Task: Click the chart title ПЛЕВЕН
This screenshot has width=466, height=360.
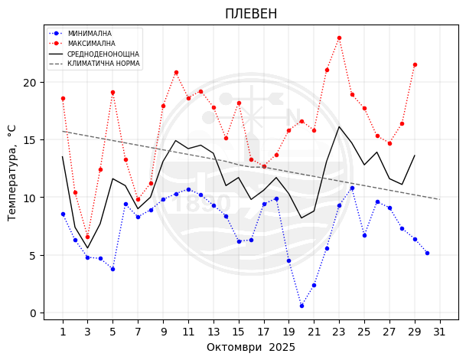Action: tap(251, 14)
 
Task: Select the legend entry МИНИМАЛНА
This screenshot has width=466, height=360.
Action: tap(90, 34)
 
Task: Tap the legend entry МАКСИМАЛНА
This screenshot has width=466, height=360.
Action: tap(91, 44)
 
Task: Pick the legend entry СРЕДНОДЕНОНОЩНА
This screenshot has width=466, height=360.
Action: tap(103, 54)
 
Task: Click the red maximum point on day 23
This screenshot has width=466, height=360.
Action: tap(339, 38)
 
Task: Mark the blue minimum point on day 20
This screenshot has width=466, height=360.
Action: tap(301, 306)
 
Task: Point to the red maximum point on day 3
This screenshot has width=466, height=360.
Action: tap(87, 237)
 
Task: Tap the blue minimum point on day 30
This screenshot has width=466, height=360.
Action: tap(427, 253)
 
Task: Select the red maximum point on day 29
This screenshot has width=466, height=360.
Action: tap(415, 64)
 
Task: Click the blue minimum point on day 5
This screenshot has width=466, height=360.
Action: tap(112, 269)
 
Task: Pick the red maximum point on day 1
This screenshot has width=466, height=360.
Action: tap(63, 98)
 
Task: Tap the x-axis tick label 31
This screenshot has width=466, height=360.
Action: tap(439, 332)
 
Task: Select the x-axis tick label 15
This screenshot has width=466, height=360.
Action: tap(238, 332)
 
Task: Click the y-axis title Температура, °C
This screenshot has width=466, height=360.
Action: tap(12, 173)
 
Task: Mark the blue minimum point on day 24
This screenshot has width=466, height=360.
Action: tap(352, 188)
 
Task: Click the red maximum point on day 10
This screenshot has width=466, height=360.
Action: tap(176, 72)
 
